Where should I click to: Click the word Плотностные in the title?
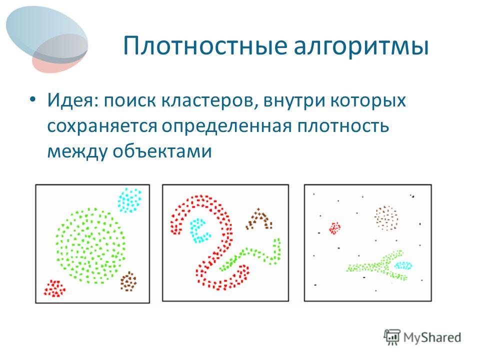pos(205,46)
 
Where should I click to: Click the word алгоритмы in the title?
pos(361,47)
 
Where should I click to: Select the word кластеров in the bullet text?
pos(210,100)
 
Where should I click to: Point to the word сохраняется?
pos(102,126)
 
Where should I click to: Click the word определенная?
pos(227,126)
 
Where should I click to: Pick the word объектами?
pos(162,150)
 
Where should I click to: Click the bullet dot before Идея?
pos(33,100)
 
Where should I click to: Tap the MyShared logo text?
pos(432,337)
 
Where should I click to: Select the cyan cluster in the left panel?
pos(129,200)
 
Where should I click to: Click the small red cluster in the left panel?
pos(54,288)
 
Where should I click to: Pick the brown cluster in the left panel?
pos(128,281)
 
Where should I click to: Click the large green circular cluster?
pos(90,245)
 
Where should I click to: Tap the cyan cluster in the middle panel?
pos(200,230)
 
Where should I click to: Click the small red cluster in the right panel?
pos(334,228)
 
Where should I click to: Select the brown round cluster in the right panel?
pos(386,218)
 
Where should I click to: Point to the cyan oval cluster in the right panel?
pos(403,265)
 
